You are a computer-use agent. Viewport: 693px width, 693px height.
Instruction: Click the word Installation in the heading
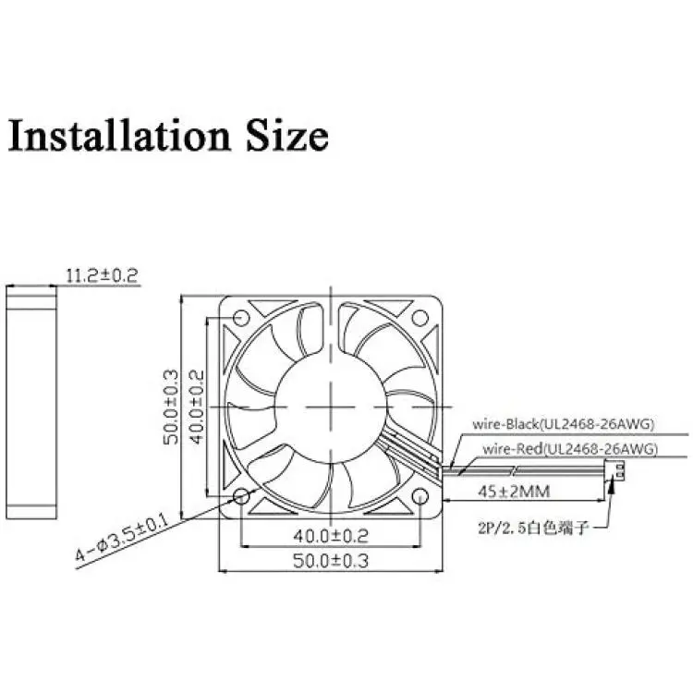(119, 135)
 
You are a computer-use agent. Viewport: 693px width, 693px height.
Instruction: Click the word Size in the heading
(287, 135)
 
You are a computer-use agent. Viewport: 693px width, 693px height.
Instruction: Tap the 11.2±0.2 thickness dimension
(102, 275)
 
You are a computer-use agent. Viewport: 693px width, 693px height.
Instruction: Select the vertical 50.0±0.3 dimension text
(171, 407)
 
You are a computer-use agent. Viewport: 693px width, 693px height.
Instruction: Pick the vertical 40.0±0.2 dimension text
(197, 407)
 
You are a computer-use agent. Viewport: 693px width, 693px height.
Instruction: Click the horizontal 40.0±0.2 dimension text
(331, 536)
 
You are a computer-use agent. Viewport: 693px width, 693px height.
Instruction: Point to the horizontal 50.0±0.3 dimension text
(331, 561)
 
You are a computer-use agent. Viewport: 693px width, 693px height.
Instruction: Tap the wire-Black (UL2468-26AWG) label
(563, 424)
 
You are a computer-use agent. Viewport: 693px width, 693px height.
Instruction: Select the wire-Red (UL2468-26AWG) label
(570, 449)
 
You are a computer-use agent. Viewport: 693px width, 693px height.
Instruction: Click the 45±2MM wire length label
(514, 491)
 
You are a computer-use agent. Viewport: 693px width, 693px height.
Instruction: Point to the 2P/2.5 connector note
(533, 528)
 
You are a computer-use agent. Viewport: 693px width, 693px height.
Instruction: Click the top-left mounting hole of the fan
(241, 318)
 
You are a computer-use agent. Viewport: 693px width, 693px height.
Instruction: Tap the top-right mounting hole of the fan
(419, 318)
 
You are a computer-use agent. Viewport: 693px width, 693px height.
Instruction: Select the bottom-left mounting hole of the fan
(241, 497)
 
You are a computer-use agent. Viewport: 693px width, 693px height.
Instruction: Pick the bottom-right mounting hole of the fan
(419, 497)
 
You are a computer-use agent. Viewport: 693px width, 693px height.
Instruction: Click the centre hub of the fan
(331, 407)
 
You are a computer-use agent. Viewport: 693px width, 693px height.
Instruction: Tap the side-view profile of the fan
(31, 402)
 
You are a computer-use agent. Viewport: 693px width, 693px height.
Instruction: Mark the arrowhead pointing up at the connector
(613, 485)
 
